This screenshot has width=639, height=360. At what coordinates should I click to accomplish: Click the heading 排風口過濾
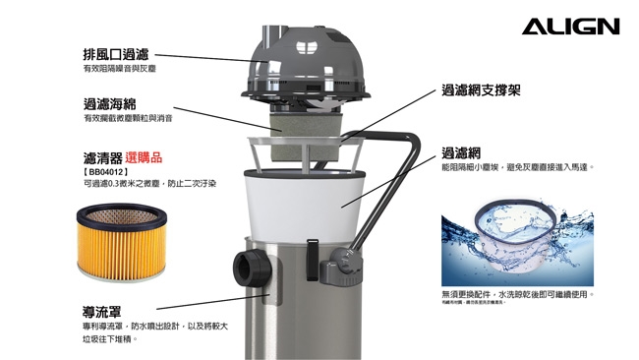[x=117, y=55]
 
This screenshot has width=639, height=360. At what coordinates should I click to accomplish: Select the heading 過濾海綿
[x=110, y=102]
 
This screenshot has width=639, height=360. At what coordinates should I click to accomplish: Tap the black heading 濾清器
[x=103, y=157]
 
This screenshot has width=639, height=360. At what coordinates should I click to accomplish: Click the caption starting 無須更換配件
[x=517, y=295]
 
